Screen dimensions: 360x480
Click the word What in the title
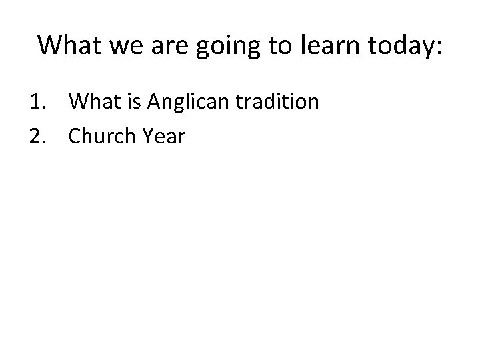click(x=68, y=45)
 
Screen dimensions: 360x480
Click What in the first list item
click(x=93, y=102)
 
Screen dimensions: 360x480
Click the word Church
click(x=99, y=136)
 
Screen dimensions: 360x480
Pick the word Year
click(x=159, y=136)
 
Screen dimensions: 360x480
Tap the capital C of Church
click(x=75, y=136)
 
